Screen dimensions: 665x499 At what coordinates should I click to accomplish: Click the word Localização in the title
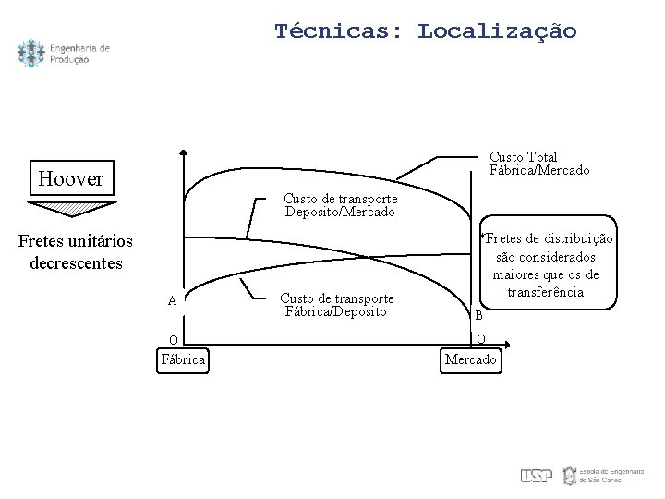[497, 31]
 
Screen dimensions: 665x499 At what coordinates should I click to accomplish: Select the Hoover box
[71, 178]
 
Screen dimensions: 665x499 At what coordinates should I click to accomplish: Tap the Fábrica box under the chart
[183, 359]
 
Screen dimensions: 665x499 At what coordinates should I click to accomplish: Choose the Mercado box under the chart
[471, 359]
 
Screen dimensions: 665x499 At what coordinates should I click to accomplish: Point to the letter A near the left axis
[172, 301]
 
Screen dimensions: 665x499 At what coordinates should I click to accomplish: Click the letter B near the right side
[478, 315]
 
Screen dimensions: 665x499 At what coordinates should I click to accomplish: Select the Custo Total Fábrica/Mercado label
[538, 164]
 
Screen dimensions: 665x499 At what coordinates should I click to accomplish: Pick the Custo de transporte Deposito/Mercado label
[340, 205]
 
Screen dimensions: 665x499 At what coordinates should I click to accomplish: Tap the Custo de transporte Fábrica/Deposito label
[336, 305]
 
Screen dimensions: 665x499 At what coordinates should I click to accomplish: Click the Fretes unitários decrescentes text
[76, 251]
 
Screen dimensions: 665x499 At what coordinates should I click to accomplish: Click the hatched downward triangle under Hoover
[71, 207]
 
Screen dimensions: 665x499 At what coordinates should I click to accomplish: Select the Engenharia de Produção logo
[63, 54]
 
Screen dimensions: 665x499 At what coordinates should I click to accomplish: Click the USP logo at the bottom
[536, 475]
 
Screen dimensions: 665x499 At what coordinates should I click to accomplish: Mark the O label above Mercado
[480, 338]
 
